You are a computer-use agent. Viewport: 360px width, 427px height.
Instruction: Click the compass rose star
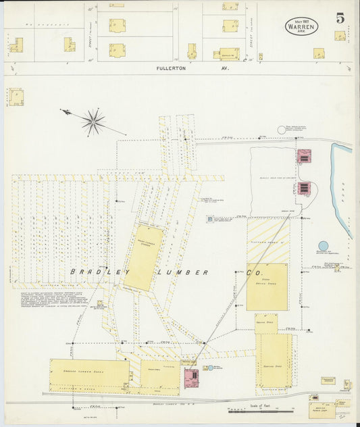tap(93, 122)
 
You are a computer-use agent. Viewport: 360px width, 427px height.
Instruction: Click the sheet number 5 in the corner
tap(340, 19)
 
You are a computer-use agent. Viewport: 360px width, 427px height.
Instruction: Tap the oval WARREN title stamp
tap(301, 26)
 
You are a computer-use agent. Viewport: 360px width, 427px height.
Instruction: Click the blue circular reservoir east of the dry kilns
tap(323, 247)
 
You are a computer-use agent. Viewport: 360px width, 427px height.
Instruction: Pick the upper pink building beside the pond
tap(304, 156)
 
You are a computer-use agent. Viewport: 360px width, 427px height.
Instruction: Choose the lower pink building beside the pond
tap(304, 187)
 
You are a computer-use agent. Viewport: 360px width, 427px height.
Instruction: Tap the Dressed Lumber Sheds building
tap(89, 374)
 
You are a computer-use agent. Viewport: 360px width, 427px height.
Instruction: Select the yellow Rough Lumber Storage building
tap(143, 257)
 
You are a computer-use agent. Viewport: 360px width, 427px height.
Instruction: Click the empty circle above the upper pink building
tap(282, 130)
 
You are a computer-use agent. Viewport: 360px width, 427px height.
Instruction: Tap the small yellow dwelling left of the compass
tap(15, 96)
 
